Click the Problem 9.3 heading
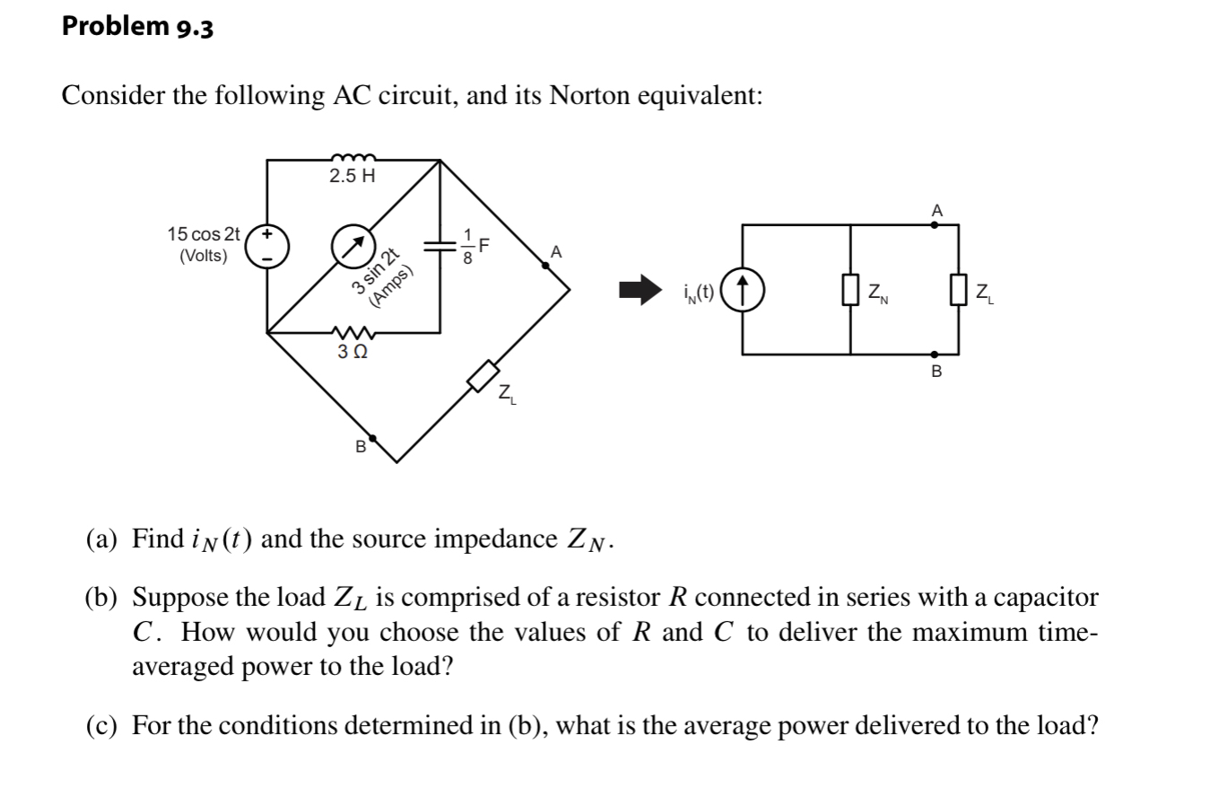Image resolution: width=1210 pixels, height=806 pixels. coord(137,27)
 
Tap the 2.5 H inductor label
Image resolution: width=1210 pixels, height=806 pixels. coord(352,176)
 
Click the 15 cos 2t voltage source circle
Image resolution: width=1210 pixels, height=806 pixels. coord(266,245)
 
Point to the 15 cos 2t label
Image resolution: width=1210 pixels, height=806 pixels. coord(204,234)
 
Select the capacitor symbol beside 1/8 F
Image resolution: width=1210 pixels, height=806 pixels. coord(439,245)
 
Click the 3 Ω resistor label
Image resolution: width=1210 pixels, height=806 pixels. coord(352,353)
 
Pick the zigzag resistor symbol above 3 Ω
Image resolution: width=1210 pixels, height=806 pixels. coord(352,333)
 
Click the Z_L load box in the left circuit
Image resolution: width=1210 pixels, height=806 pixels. coord(483,375)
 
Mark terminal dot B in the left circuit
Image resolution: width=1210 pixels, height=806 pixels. coord(373,438)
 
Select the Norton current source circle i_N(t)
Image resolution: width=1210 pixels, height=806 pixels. coord(744,291)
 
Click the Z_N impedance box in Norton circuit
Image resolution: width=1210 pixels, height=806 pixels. coord(850,290)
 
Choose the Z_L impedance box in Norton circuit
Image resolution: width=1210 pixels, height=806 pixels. coord(958,290)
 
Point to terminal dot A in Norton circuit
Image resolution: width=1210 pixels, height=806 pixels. coord(936,225)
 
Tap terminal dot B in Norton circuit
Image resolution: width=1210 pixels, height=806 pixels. coord(936,355)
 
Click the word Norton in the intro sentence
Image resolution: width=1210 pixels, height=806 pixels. coord(590,95)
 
